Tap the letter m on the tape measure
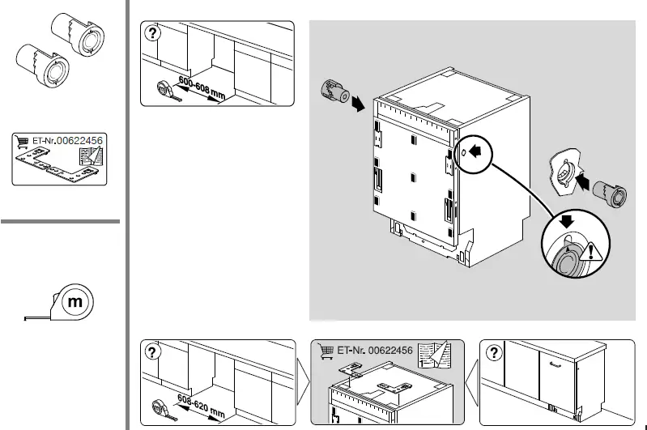point(76,302)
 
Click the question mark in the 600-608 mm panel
point(153,33)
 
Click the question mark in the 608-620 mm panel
point(153,351)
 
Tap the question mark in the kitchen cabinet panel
point(492,351)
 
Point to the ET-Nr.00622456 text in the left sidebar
point(67,140)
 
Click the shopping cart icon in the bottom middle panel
point(326,351)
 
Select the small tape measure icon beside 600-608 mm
point(162,87)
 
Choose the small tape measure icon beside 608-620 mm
point(160,406)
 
